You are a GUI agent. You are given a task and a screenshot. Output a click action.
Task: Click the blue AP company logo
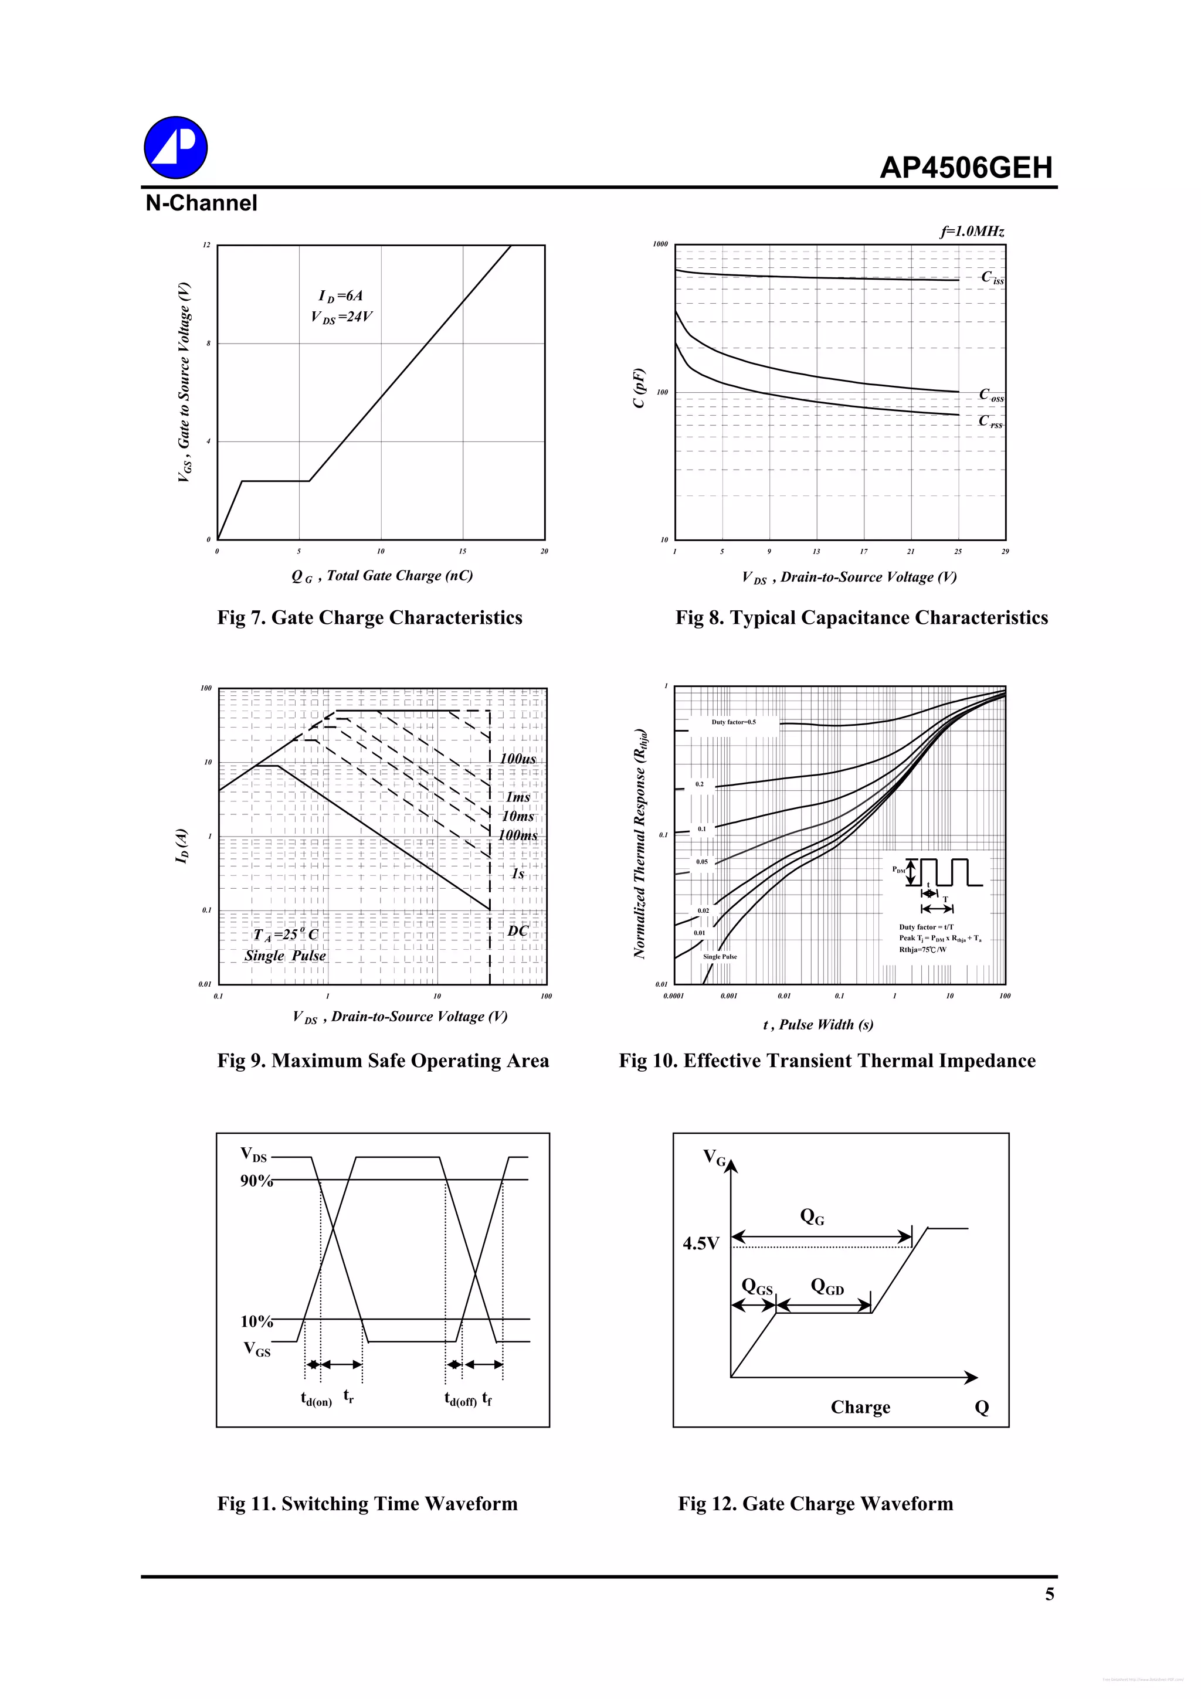pos(175,147)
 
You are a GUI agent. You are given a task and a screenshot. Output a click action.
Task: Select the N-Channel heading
pos(201,203)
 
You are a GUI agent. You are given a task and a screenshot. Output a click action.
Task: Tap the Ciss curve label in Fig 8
pos(992,277)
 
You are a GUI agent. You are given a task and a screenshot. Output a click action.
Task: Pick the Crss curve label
pos(990,421)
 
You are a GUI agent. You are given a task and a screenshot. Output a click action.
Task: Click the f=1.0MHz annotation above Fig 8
pos(972,232)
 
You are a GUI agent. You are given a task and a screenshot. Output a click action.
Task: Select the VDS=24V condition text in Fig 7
pos(341,317)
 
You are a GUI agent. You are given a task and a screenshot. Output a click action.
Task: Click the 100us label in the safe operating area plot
pos(517,759)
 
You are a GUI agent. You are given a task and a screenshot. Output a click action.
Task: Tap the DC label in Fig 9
pos(517,930)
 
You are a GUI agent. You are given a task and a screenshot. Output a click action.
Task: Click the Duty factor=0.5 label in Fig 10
pos(734,722)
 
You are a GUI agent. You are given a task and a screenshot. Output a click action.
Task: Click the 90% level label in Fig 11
pos(256,1180)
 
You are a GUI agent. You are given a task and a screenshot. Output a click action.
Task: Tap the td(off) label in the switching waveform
pos(460,1398)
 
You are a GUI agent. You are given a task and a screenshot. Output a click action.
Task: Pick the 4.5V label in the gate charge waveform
pos(700,1243)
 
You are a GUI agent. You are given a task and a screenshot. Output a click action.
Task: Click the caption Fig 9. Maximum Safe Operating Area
pos(382,1061)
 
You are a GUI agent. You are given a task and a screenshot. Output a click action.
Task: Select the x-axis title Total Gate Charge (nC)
pos(382,576)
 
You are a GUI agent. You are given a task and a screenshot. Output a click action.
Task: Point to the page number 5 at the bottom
pos(1049,1595)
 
